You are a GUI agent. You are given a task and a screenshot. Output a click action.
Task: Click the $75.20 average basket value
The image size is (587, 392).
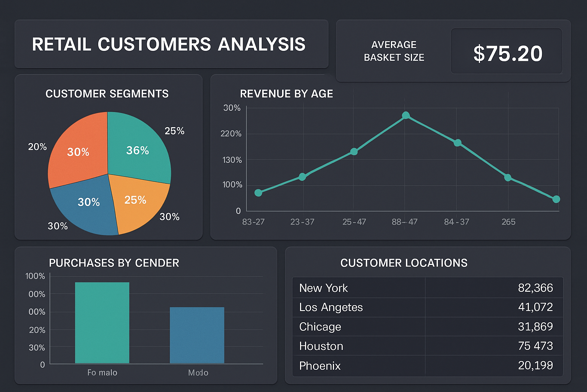508,53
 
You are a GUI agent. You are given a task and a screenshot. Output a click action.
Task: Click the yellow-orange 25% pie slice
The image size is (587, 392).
138,203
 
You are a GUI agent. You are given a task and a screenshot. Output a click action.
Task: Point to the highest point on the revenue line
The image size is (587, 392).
406,115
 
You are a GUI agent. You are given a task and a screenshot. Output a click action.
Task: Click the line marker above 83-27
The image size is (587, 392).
258,193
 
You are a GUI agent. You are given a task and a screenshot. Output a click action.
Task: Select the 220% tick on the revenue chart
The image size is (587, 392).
231,134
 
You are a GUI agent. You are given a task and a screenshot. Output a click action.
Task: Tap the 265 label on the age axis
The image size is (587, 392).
508,222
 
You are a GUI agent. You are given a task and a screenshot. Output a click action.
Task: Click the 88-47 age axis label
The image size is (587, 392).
404,222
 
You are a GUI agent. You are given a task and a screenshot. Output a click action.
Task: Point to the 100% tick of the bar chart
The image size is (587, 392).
35,276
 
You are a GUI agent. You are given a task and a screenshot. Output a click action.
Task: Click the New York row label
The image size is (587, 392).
323,288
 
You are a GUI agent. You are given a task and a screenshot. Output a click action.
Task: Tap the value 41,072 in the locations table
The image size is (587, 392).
535,307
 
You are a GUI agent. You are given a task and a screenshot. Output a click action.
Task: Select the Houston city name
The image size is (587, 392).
321,346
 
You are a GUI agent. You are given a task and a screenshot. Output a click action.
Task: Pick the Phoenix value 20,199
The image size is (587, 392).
535,366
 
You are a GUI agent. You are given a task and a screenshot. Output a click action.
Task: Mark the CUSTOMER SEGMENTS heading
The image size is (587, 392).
107,94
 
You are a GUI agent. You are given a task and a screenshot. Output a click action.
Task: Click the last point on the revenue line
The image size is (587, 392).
556,199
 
